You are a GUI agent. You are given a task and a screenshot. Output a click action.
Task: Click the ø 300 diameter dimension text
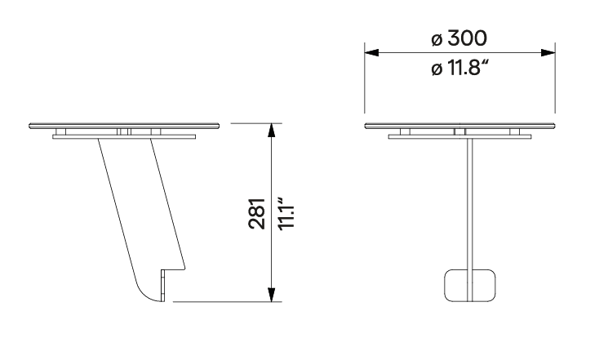pos(459,38)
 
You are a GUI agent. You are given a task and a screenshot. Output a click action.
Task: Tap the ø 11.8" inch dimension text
pos(459,69)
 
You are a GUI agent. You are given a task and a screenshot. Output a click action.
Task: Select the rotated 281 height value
pos(257,214)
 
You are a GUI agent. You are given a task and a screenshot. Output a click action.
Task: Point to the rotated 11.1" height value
pos(287,214)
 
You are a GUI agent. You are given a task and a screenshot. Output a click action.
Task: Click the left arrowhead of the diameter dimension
pos(371,52)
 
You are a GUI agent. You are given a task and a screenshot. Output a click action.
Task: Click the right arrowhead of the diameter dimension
pos(548,52)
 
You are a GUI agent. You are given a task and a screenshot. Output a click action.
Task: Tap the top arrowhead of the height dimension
pos(272,131)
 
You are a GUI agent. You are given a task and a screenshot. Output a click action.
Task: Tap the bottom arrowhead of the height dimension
pos(272,295)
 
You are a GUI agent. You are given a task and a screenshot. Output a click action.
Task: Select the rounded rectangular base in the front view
pos(469,286)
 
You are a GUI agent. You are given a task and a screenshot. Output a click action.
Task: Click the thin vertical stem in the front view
pos(469,204)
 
